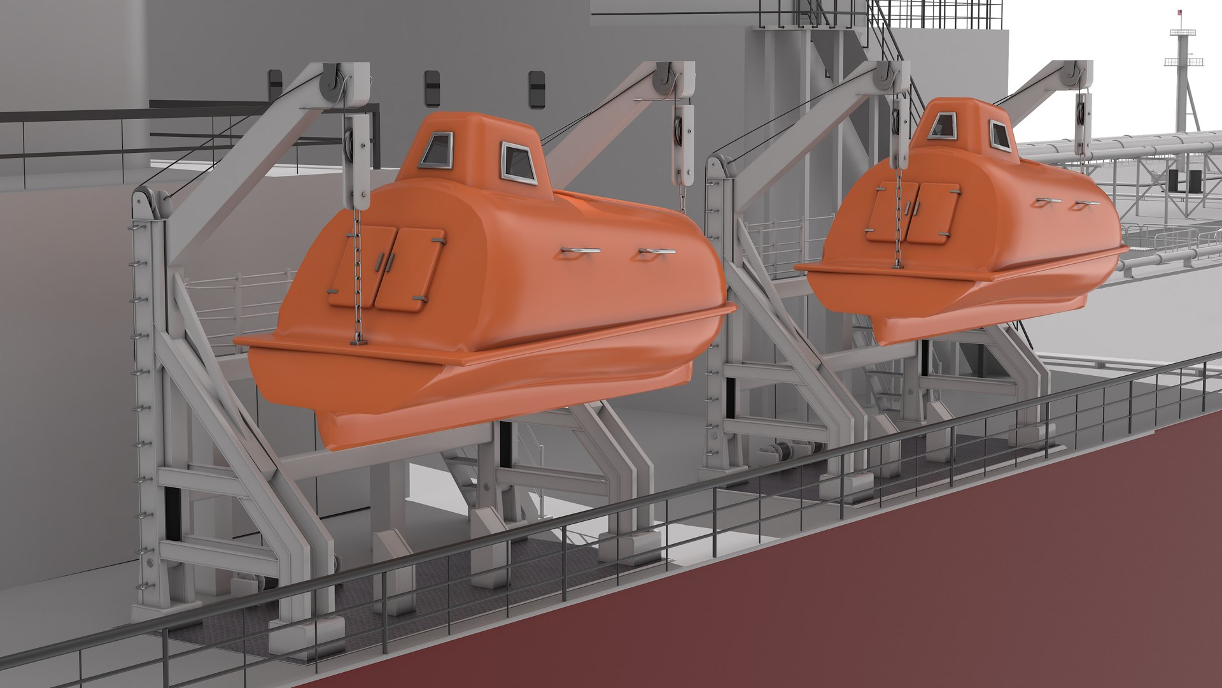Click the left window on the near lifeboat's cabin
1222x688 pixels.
tap(436, 150)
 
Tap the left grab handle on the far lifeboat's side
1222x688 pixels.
tap(1046, 202)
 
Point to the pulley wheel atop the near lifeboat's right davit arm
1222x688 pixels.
tap(664, 82)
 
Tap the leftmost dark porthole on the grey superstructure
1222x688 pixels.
tap(274, 80)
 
